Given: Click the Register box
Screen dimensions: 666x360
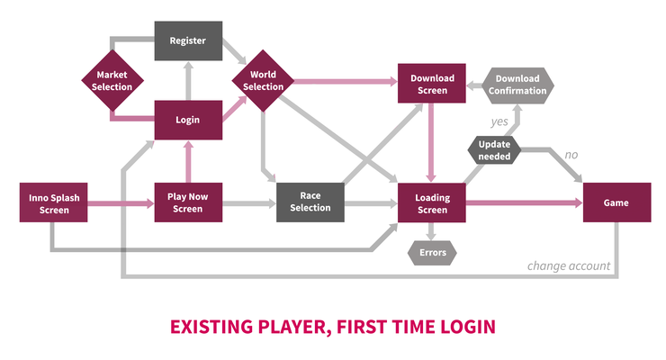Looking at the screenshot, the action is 188,40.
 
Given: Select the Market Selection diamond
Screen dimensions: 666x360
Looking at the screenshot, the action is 112,81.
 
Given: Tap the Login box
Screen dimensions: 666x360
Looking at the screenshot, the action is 188,120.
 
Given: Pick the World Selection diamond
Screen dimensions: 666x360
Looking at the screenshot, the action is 263,81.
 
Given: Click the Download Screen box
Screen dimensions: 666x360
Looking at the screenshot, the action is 431,83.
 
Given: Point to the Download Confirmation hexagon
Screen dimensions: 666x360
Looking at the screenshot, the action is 517,85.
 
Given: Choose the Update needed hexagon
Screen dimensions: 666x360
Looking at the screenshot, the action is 494,150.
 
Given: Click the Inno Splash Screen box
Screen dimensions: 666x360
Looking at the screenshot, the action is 53,202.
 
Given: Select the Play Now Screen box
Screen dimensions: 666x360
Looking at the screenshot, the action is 188,202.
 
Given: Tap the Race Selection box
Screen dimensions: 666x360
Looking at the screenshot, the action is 310,202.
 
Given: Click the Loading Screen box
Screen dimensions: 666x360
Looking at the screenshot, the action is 431,202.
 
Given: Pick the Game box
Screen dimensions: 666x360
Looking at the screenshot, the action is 616,202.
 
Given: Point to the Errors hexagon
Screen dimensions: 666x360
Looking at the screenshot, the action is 432,253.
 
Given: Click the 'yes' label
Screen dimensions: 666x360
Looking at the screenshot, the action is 499,121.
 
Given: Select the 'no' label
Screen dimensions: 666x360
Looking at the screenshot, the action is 571,155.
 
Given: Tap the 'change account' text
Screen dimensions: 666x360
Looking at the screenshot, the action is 569,266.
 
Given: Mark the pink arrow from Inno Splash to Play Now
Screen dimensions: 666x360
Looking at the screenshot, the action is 121,203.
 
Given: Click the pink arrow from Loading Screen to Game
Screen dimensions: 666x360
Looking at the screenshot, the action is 524,202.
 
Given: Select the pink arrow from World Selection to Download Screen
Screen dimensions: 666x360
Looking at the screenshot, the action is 346,82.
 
